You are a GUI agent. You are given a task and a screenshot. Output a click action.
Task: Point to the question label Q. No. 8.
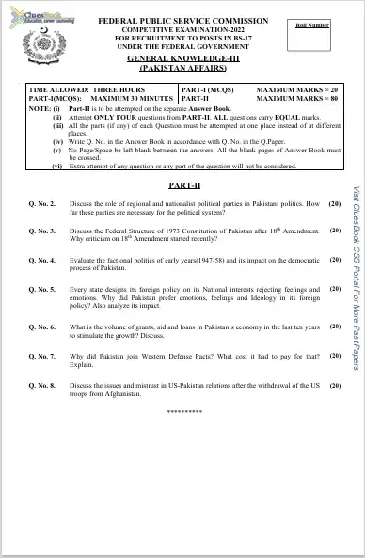43,386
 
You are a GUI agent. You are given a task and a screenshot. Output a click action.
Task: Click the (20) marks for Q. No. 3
334,231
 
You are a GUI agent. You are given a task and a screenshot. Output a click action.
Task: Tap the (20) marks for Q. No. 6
334,327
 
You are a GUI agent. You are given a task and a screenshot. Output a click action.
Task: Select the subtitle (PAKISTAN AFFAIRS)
183,69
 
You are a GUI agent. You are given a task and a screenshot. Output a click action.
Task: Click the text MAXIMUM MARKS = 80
297,97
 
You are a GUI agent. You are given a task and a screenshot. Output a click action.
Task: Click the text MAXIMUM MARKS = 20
297,88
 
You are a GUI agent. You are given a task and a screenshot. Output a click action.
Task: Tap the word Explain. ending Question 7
83,365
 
